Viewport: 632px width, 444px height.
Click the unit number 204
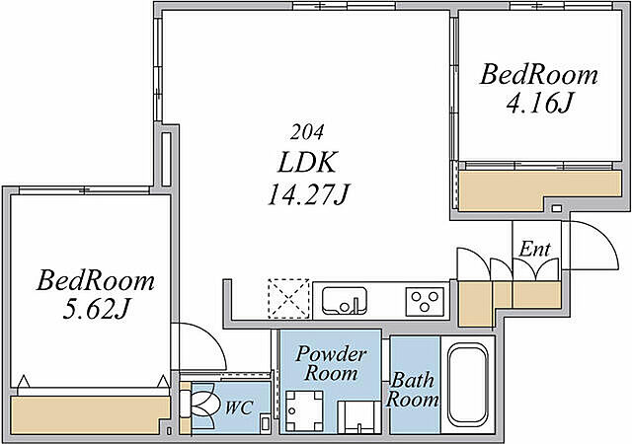pos(307,132)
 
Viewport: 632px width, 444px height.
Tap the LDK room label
pos(306,162)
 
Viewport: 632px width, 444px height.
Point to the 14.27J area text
pos(308,195)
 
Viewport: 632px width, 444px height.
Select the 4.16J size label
pos(539,103)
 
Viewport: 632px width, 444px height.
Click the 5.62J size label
pos(95,310)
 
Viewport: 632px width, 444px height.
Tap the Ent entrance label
pos(534,249)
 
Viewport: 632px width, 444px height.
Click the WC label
pos(239,407)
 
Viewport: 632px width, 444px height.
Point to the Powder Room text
pos(331,363)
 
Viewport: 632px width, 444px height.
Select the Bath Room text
pos(412,390)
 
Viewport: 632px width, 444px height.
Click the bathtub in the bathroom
pos(468,385)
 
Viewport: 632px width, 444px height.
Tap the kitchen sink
pos(345,301)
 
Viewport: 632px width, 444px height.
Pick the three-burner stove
pos(425,302)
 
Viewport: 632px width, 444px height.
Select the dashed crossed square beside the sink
pos(288,299)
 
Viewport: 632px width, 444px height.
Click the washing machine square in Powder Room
pos(304,410)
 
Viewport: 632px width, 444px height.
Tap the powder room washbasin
pos(358,417)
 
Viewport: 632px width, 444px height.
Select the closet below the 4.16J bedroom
pos(540,189)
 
